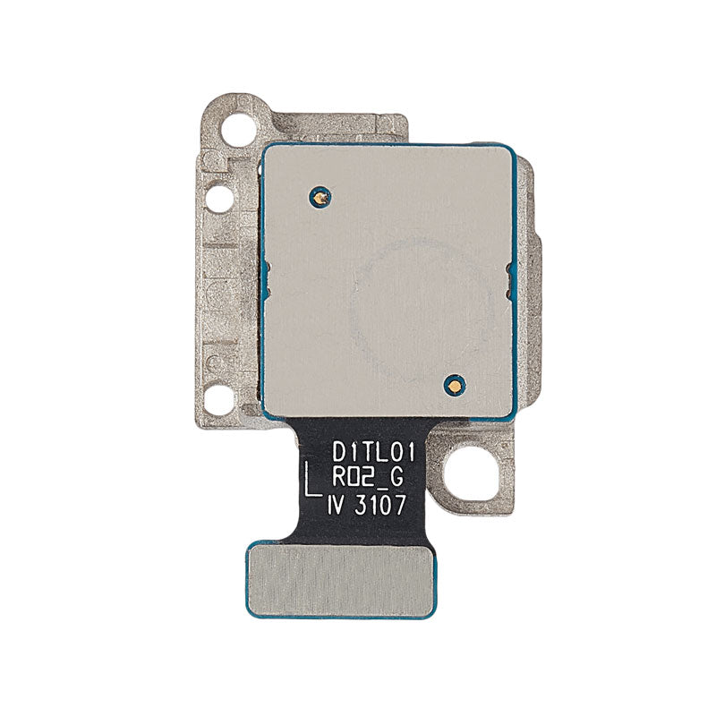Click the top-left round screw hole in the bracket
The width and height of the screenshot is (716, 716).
click(x=238, y=127)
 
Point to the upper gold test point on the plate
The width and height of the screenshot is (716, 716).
click(x=320, y=197)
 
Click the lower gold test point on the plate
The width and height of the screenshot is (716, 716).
click(x=455, y=387)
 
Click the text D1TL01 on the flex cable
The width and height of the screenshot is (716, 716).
click(x=373, y=454)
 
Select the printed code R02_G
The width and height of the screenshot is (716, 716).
click(x=367, y=480)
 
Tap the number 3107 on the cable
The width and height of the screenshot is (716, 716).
click(x=379, y=506)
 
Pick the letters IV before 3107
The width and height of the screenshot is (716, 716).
click(x=339, y=506)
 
